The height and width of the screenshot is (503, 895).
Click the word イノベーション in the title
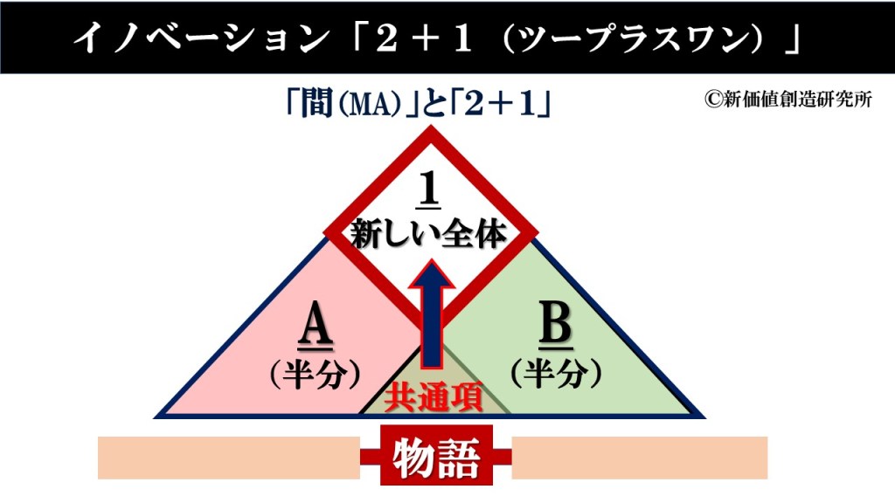tap(202, 38)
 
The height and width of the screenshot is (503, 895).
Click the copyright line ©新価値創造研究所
tap(788, 100)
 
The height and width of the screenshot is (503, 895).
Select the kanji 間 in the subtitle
tap(317, 105)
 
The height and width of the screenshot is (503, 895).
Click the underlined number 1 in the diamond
tap(430, 189)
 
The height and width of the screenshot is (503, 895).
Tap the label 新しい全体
tap(429, 234)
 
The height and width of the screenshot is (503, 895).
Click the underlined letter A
tap(315, 326)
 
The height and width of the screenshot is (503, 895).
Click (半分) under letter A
tap(315, 375)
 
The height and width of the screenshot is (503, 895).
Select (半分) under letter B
tap(555, 374)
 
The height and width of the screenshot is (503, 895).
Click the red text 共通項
tap(434, 396)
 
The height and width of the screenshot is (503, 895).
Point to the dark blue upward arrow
tap(432, 314)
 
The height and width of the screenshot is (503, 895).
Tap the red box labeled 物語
tap(437, 455)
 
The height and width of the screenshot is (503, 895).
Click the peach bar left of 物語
tap(229, 458)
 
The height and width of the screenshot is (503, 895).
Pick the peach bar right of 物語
tap(639, 458)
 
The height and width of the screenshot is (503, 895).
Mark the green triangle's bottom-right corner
tap(704, 417)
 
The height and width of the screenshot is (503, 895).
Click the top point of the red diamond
tap(431, 127)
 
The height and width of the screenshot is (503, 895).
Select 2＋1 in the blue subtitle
tap(501, 105)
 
